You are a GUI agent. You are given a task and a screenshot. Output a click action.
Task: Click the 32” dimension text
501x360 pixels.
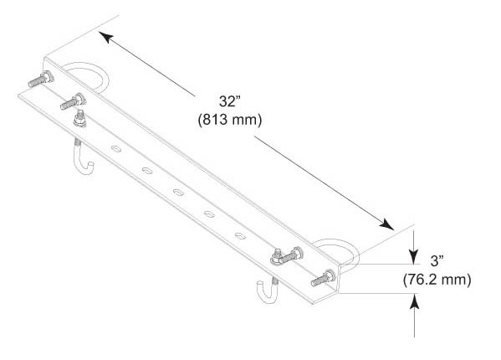(230, 101)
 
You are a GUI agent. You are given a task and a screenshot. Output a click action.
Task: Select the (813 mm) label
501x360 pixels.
(230, 120)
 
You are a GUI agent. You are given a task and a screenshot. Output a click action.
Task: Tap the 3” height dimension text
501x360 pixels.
(437, 261)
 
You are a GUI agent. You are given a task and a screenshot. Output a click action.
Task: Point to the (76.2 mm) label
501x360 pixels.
(437, 280)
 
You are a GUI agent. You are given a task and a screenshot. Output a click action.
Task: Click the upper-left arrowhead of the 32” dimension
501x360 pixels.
(105, 37)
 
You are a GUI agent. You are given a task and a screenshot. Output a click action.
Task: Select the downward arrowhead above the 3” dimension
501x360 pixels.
(414, 257)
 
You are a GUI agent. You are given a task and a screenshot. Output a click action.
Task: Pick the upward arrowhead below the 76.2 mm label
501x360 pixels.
(414, 301)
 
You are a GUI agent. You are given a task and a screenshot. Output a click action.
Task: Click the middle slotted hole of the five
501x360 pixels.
(178, 193)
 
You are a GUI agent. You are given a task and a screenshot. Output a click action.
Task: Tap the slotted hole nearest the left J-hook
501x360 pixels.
(116, 149)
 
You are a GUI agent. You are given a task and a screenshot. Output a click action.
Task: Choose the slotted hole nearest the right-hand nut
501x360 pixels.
(240, 236)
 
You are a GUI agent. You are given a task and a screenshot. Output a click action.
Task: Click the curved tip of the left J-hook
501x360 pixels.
(90, 167)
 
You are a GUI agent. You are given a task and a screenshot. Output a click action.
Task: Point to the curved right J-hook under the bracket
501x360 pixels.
(266, 291)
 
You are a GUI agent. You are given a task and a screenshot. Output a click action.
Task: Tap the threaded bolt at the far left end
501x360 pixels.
(41, 80)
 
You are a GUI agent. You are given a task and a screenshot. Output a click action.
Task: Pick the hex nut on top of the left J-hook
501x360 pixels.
(79, 119)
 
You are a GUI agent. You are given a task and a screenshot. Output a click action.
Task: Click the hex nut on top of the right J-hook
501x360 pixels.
(277, 257)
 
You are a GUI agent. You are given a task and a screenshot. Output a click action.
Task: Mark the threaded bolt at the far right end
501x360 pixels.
(324, 278)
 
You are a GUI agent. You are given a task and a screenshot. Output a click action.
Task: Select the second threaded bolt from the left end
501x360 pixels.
(73, 101)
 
